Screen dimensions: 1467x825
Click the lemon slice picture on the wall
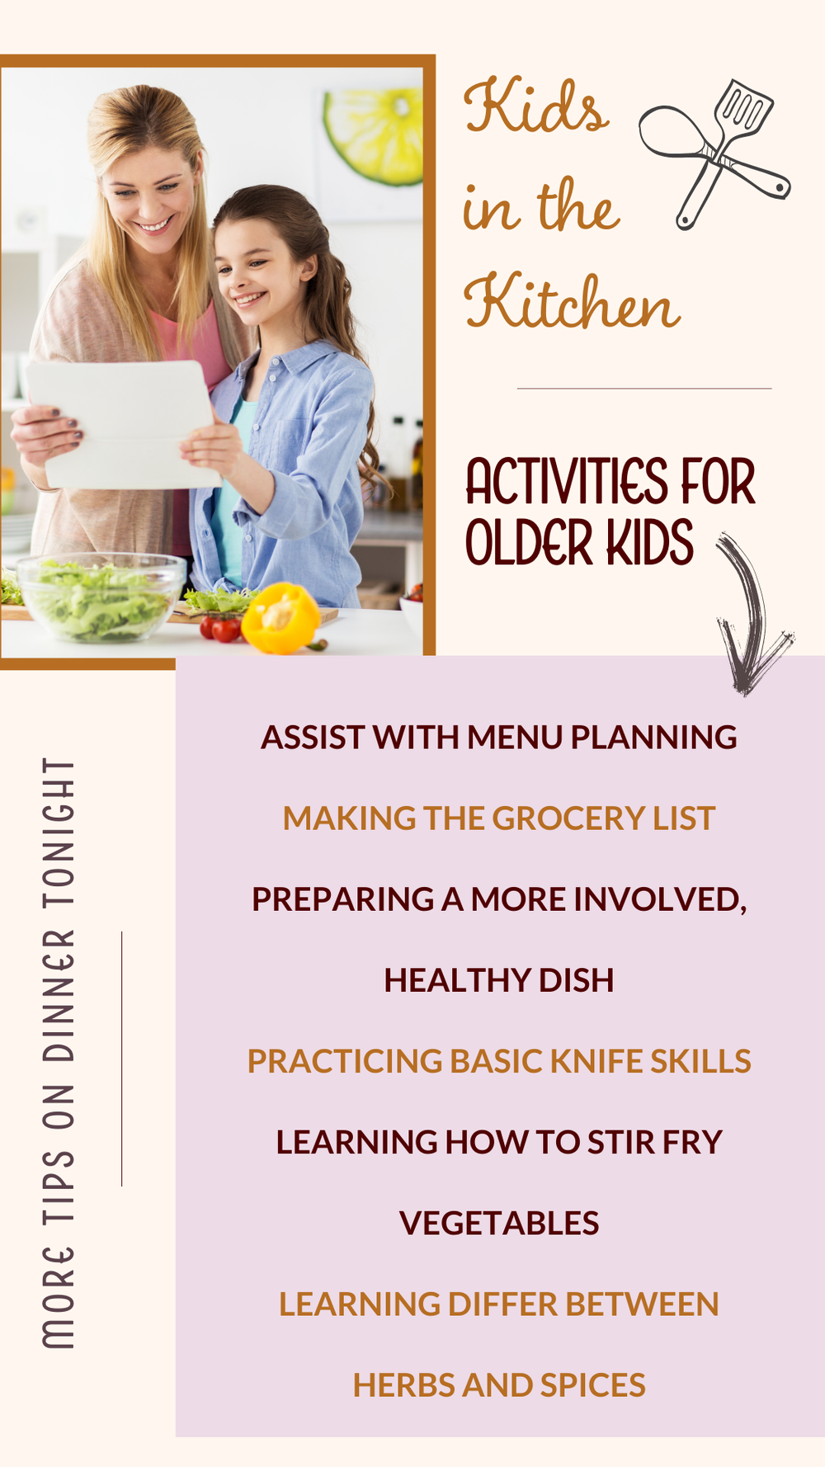[376, 135]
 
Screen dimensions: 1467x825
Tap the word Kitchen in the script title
[572, 303]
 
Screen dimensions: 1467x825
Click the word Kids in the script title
[536, 107]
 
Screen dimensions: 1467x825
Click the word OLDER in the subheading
[529, 544]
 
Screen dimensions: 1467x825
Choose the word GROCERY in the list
[569, 818]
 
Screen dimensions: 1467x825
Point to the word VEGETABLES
[499, 1223]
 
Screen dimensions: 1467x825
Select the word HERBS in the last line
[404, 1385]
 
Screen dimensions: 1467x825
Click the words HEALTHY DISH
[499, 980]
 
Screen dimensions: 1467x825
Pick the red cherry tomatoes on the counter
[220, 628]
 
